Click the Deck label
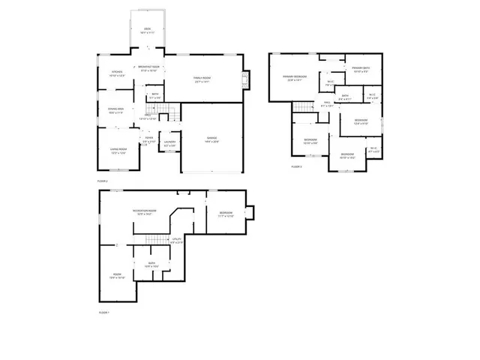pos(147,31)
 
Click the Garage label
pos(212,140)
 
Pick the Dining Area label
pos(115,112)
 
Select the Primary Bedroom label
pos(295,78)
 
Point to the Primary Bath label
pos(361,70)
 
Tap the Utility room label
pos(177,241)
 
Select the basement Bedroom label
pos(226,214)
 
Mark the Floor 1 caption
pos(103,312)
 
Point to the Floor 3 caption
pos(296,166)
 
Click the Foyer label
pos(149,140)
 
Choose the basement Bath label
pos(151,264)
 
